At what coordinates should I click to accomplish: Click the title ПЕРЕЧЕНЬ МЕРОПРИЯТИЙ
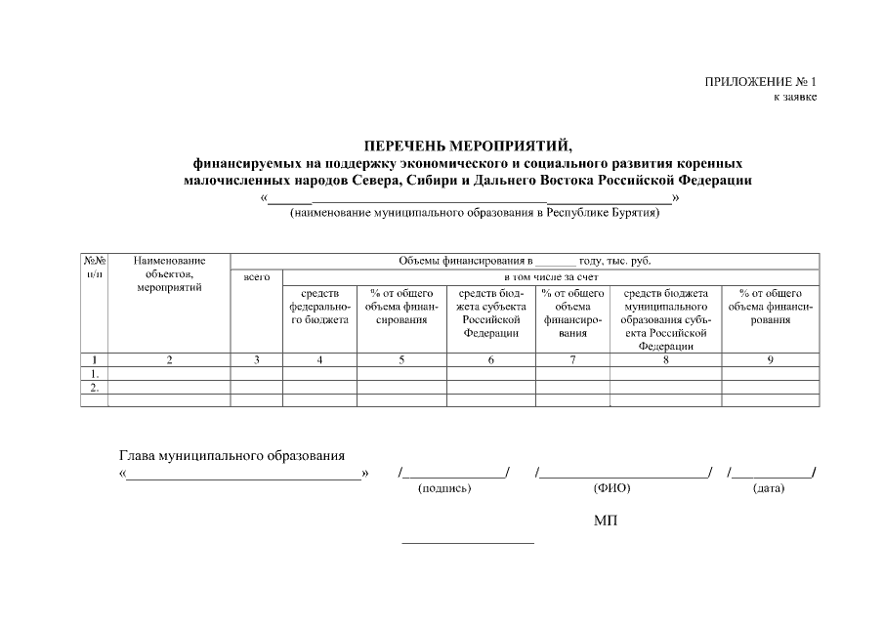click(x=469, y=146)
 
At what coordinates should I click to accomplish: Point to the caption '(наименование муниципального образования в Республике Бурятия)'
click(x=474, y=214)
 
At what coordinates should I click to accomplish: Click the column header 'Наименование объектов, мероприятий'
click(x=169, y=274)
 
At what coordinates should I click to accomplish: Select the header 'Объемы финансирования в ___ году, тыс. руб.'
click(x=525, y=261)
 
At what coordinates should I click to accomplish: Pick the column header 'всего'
click(x=256, y=277)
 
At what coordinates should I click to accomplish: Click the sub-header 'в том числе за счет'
click(x=551, y=277)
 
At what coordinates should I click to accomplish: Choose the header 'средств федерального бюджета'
click(x=319, y=306)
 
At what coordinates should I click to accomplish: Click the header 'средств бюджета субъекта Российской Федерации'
click(x=490, y=312)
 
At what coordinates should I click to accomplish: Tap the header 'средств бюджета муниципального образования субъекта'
click(x=665, y=319)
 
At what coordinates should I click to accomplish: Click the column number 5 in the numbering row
click(x=401, y=360)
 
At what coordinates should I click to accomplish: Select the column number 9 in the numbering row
click(x=770, y=360)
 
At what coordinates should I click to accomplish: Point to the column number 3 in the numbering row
click(x=256, y=360)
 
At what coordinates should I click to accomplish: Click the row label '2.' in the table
click(x=94, y=387)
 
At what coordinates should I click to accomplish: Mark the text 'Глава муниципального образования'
click(x=232, y=455)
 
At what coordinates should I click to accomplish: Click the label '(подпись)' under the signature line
click(x=444, y=488)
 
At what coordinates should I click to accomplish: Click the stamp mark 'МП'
click(x=606, y=521)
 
